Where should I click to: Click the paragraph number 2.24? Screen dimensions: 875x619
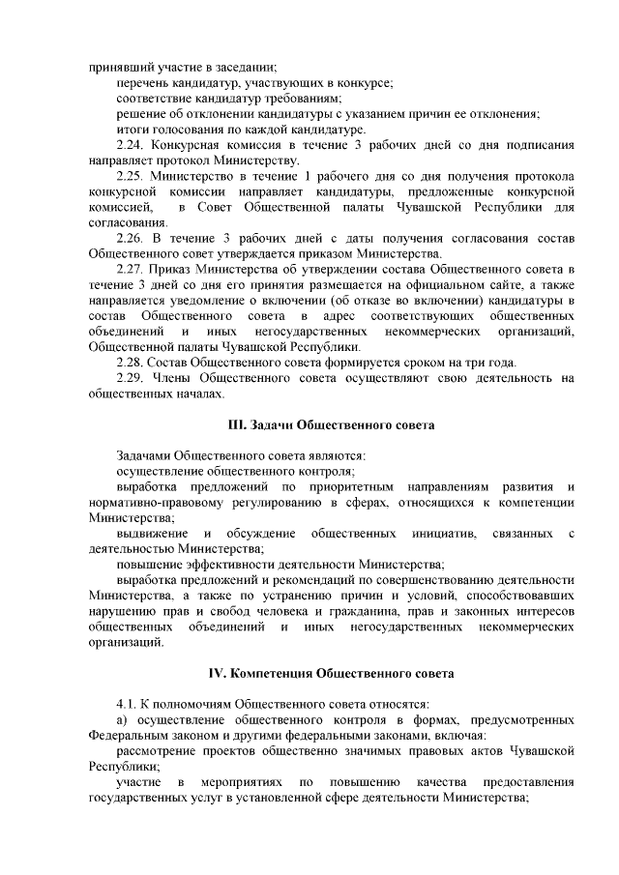pyautogui.click(x=130, y=145)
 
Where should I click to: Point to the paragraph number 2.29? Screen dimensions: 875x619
pyautogui.click(x=130, y=377)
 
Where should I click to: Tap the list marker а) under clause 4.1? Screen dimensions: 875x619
pyautogui.click(x=122, y=719)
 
